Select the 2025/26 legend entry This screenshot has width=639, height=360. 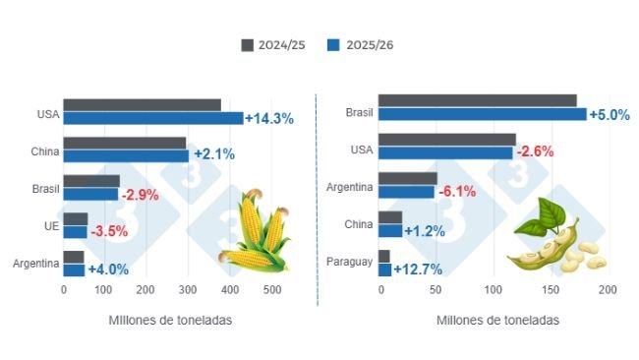click(360, 45)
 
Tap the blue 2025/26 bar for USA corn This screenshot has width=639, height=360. click(152, 118)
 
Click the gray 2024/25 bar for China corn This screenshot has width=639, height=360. click(125, 144)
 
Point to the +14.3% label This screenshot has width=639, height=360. click(268, 118)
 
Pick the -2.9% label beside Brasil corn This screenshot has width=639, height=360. click(140, 195)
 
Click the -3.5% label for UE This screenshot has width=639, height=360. click(109, 232)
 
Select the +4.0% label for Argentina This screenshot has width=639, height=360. click(108, 270)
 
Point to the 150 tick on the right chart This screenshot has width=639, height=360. click(550, 290)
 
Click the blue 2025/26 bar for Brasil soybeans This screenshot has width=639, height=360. click(482, 114)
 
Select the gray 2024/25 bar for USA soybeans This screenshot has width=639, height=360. click(446, 140)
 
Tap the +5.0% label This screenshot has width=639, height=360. click(609, 115)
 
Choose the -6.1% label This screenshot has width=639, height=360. click(456, 192)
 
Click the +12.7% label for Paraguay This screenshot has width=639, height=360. click(418, 269)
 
